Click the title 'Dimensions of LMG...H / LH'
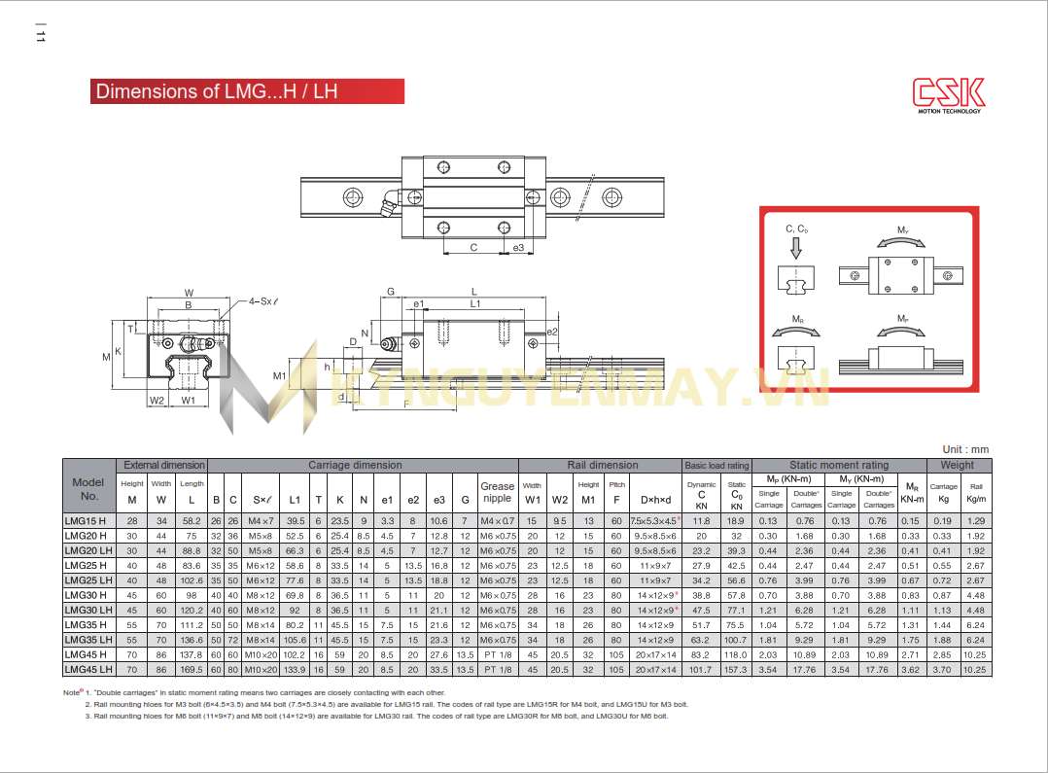(x=217, y=91)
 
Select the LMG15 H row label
(x=86, y=521)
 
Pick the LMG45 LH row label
(x=87, y=669)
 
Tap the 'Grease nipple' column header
(x=497, y=492)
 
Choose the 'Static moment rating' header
(x=838, y=465)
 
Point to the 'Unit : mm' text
(x=964, y=449)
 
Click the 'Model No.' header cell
(x=88, y=488)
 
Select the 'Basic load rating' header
(x=716, y=466)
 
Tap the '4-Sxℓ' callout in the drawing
(x=263, y=301)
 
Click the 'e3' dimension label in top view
(x=518, y=248)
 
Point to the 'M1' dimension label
(x=279, y=376)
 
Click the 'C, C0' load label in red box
(x=795, y=229)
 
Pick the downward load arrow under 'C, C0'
(x=795, y=248)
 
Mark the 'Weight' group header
(x=957, y=465)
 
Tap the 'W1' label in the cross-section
(x=188, y=400)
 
